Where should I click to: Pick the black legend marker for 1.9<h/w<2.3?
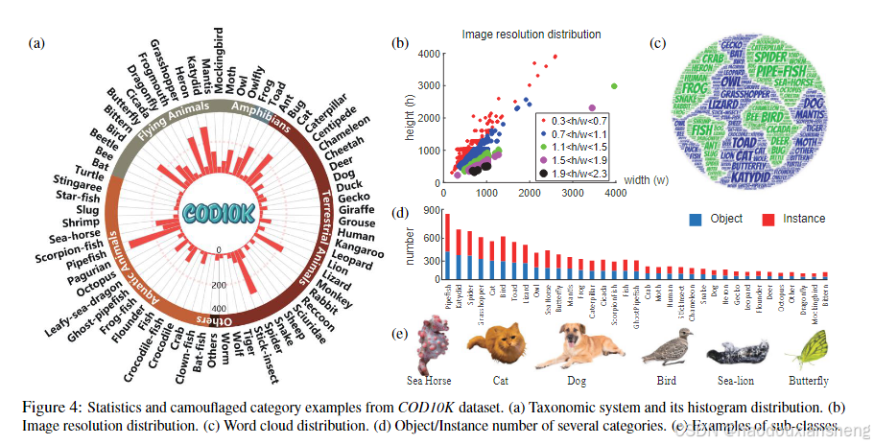click(x=544, y=176)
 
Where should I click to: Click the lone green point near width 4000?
click(x=613, y=86)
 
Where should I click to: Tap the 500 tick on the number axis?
click(x=428, y=243)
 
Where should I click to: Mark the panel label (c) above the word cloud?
click(x=656, y=43)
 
